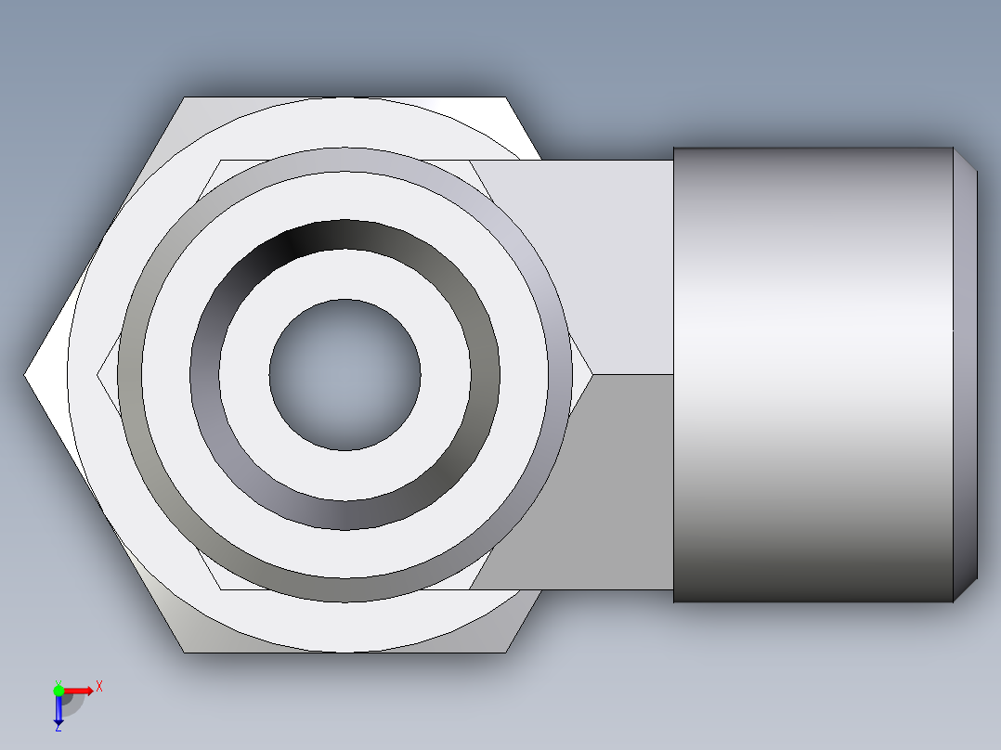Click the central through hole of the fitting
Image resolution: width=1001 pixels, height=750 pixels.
[344, 375]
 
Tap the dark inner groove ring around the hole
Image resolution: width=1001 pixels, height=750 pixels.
[344, 236]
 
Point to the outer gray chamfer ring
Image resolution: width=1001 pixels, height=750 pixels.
[344, 160]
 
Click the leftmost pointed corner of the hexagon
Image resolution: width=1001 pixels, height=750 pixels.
[26, 375]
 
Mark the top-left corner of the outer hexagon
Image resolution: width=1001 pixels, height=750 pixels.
[185, 97]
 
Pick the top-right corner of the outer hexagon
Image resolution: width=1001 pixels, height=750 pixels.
[506, 97]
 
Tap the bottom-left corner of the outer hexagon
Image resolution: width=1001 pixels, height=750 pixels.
[185, 652]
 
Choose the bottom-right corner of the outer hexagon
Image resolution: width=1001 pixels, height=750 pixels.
[506, 652]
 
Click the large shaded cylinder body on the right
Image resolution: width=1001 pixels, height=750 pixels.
[812, 375]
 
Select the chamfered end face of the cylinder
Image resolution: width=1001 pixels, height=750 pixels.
[966, 375]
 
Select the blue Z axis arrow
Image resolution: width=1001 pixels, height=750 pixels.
[58, 710]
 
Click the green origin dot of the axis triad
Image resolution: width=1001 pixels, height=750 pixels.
[58, 690]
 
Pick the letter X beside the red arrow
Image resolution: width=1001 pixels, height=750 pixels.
[98, 687]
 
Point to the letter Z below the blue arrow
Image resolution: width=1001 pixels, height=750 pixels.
[58, 729]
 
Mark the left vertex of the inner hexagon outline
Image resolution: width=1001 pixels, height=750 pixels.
[98, 375]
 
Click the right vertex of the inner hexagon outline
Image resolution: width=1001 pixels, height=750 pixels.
[592, 375]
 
